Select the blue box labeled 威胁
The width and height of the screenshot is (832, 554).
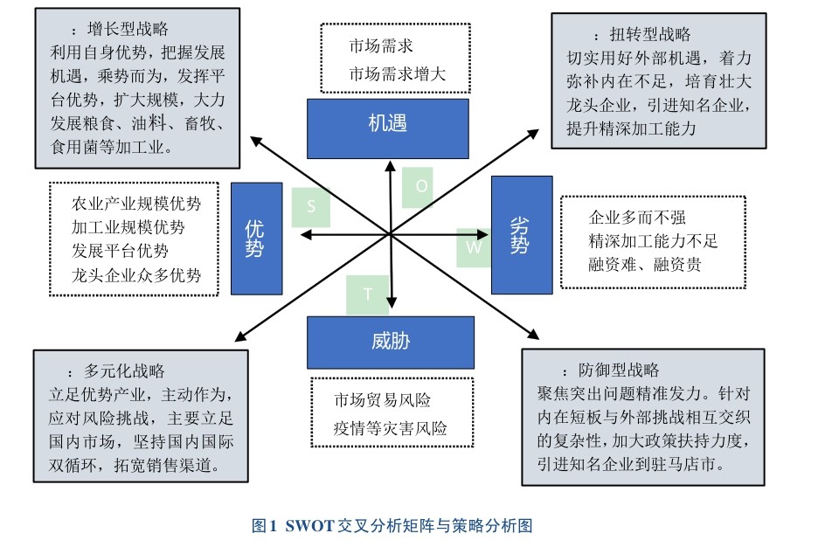click(390, 342)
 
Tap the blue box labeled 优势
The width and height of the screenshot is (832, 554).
click(256, 238)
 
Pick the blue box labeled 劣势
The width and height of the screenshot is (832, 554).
click(521, 234)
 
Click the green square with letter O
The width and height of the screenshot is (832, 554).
click(418, 187)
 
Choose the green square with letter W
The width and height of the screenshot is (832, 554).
click(474, 247)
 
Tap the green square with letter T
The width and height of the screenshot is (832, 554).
click(368, 295)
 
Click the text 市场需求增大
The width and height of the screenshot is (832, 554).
click(398, 74)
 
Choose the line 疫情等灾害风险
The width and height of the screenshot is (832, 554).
click(390, 429)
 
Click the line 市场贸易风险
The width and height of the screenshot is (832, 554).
click(382, 401)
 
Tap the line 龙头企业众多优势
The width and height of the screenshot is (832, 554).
click(136, 275)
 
